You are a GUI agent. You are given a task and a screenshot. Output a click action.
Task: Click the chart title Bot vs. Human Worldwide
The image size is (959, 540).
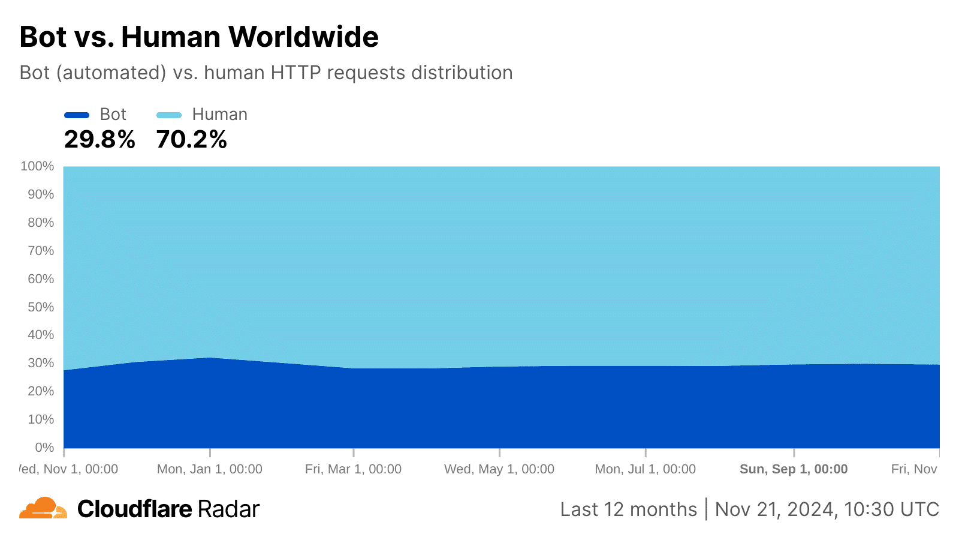(x=199, y=37)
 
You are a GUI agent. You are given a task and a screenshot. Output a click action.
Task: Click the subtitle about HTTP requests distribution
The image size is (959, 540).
(x=266, y=73)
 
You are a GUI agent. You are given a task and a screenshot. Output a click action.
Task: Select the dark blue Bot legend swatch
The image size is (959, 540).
(x=77, y=115)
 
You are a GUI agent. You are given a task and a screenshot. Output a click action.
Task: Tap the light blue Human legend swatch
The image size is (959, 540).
(x=169, y=115)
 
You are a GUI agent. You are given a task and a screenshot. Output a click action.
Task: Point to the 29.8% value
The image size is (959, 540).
(x=99, y=140)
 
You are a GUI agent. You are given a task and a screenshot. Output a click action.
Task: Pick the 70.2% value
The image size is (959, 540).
(x=192, y=140)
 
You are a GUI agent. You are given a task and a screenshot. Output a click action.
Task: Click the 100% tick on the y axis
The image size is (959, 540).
(x=37, y=166)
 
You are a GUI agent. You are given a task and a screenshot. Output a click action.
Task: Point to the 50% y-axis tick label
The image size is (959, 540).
(x=41, y=307)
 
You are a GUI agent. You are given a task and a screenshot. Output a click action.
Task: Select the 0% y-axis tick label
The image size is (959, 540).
(x=44, y=448)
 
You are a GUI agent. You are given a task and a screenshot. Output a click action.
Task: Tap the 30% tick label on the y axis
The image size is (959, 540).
(x=41, y=363)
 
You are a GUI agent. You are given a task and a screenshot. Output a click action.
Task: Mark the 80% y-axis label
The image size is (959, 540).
(x=41, y=223)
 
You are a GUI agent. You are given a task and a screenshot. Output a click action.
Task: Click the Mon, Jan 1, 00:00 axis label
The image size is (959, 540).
(x=210, y=469)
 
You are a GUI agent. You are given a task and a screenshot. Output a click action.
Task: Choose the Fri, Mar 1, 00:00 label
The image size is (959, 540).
(x=353, y=469)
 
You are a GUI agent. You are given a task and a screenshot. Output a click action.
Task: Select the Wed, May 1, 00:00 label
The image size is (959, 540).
(x=499, y=469)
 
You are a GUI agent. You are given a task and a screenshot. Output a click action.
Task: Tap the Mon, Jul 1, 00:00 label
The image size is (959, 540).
(x=646, y=469)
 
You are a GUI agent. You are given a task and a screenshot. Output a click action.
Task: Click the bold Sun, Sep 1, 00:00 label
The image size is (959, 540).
(x=794, y=469)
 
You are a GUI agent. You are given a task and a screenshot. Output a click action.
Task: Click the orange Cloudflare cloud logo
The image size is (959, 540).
(x=43, y=508)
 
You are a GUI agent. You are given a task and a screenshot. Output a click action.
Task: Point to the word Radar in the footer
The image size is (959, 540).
(x=228, y=509)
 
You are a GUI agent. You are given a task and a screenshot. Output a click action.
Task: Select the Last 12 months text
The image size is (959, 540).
(x=629, y=509)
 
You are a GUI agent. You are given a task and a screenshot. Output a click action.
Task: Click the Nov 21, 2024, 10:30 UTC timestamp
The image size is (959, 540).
(x=827, y=509)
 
